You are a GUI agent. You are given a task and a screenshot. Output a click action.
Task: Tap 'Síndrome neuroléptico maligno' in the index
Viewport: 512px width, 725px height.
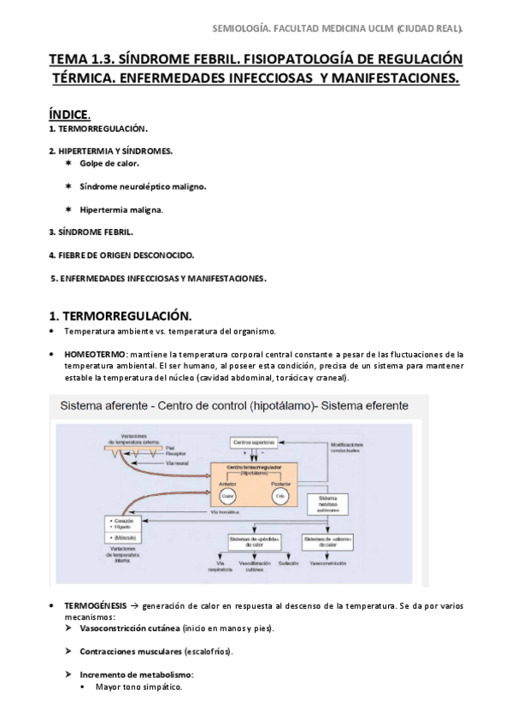143,186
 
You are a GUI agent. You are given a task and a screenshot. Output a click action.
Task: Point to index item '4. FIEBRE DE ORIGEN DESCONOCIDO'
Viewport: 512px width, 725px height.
121,255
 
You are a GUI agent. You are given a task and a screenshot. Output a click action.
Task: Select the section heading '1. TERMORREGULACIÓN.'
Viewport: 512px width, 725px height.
120,314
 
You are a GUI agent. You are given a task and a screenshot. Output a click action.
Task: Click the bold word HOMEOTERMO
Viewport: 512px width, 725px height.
94,353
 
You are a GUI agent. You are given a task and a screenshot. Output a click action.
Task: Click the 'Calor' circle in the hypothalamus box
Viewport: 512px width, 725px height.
227,496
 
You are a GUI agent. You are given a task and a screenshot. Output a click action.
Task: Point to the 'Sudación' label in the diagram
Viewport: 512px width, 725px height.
287,564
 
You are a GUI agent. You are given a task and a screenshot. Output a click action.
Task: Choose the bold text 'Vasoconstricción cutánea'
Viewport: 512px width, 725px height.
124,628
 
